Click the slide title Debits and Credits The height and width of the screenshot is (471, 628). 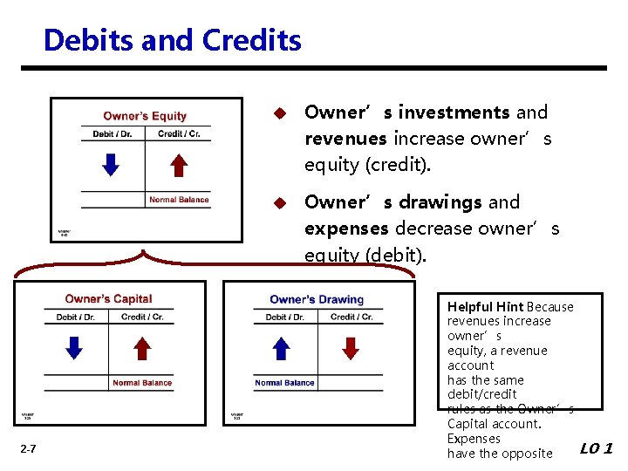pos(172,40)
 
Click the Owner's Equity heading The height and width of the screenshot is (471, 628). pos(145,116)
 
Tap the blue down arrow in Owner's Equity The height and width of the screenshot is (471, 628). pos(110,164)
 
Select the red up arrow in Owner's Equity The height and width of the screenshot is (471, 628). pos(178,164)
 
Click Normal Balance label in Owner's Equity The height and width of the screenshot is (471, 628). pos(179,200)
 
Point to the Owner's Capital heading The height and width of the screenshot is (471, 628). pos(108,299)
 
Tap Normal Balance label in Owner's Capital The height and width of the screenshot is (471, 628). pos(142,383)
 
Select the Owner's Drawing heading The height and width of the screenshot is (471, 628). pos(317,300)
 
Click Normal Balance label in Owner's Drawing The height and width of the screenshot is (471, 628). pos(284,383)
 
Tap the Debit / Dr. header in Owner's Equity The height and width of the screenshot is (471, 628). pos(112,133)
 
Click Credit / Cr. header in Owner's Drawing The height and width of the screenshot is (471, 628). pos(352,317)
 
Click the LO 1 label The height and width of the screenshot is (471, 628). pos(597,449)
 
